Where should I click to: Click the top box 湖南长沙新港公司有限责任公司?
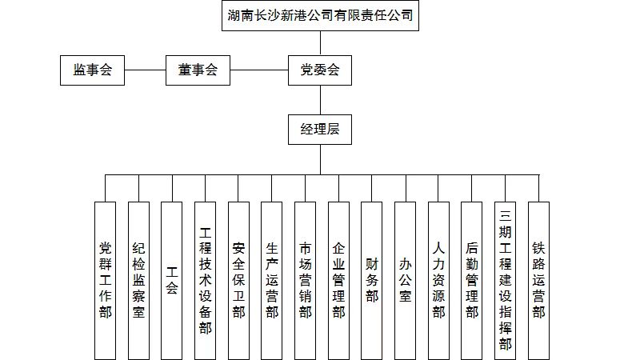pyautogui.click(x=320, y=16)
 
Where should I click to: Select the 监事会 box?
pyautogui.click(x=93, y=70)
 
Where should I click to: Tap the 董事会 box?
pyautogui.click(x=198, y=70)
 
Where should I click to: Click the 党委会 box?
pyautogui.click(x=320, y=70)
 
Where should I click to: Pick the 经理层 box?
pyautogui.click(x=320, y=129)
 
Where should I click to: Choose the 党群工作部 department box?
pyautogui.click(x=106, y=280)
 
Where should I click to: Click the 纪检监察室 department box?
pyautogui.click(x=139, y=280)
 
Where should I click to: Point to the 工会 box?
pyautogui.click(x=172, y=280)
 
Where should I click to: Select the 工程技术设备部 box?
pyautogui.click(x=206, y=280)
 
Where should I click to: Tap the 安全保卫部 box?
pyautogui.click(x=239, y=280)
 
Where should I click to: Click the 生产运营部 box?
pyautogui.click(x=272, y=280)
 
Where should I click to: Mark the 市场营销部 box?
pyautogui.click(x=306, y=280)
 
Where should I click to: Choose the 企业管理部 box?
pyautogui.click(x=339, y=280)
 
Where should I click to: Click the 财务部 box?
pyautogui.click(x=372, y=280)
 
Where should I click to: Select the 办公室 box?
pyautogui.click(x=406, y=280)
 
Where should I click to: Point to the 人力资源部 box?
pyautogui.click(x=439, y=280)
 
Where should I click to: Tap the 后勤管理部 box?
pyautogui.click(x=472, y=280)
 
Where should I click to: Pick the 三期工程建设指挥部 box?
pyautogui.click(x=506, y=280)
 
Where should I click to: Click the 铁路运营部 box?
pyautogui.click(x=539, y=280)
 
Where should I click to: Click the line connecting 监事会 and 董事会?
pyautogui.click(x=145, y=70)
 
